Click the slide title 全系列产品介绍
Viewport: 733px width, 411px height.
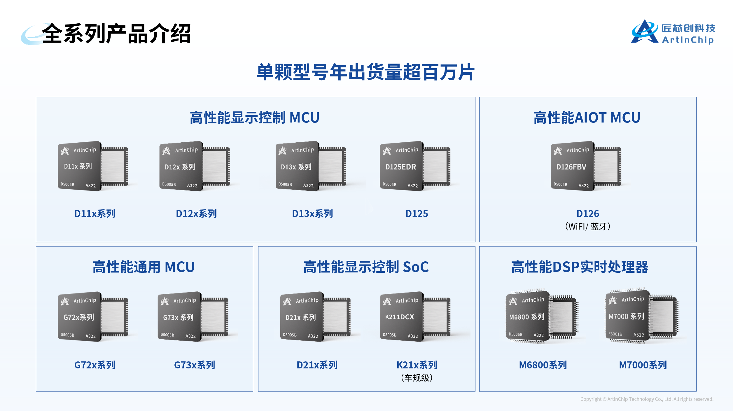(x=116, y=34)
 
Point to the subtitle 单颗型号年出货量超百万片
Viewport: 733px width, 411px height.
(x=365, y=72)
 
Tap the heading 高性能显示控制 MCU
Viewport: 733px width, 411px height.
(x=255, y=118)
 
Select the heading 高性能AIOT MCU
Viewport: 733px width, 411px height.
(x=587, y=118)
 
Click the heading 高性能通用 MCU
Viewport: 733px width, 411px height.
(x=144, y=267)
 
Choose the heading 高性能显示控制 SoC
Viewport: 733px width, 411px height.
(x=366, y=267)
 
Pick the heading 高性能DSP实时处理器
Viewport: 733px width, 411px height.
(x=580, y=267)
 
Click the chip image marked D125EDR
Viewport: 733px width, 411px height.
(x=415, y=166)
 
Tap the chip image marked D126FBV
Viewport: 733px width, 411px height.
(x=586, y=166)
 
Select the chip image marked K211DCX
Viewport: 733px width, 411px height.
(x=415, y=317)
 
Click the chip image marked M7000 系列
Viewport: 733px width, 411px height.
(x=642, y=316)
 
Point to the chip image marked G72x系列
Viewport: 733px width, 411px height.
(x=93, y=317)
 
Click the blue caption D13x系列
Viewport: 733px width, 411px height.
(x=312, y=214)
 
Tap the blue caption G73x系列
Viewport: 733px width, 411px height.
(x=195, y=365)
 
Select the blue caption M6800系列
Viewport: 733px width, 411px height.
(x=543, y=365)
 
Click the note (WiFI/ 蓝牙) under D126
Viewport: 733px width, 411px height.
(x=587, y=227)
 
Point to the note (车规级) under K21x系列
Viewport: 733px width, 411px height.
(x=417, y=378)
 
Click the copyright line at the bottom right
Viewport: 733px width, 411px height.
(x=646, y=399)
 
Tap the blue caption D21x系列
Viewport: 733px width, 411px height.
(x=317, y=365)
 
